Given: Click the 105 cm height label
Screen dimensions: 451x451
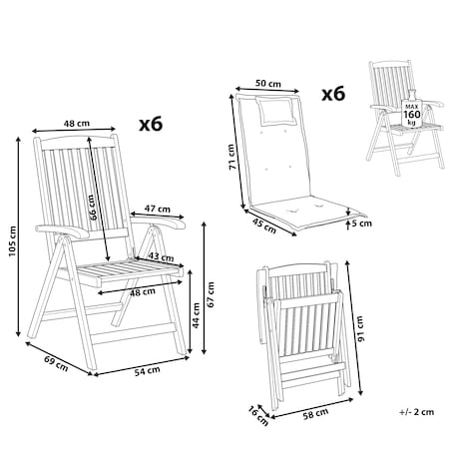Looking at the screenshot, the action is tap(12, 241).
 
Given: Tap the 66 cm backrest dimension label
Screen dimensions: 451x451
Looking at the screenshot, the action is tap(93, 208).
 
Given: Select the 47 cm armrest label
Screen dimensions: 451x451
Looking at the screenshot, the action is tap(158, 209).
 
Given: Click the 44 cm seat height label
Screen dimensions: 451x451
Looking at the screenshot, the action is tap(197, 315).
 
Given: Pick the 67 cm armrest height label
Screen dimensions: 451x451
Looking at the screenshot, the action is tap(211, 294).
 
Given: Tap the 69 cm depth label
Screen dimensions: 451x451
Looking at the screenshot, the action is tap(56, 363).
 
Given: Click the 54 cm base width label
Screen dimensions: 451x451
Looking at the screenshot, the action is tap(147, 371).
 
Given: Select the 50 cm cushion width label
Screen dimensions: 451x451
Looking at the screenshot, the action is tap(268, 83).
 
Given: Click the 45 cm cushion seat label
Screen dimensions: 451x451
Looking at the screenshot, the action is tap(264, 225).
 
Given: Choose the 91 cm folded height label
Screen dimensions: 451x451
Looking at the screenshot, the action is tap(360, 328).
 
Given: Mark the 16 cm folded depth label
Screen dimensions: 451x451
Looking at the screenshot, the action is tap(258, 416).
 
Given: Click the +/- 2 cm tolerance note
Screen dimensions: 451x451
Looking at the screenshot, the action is tap(417, 412).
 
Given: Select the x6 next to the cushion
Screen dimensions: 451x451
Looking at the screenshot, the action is tap(333, 94).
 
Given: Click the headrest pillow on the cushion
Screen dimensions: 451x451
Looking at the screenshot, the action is tap(276, 111).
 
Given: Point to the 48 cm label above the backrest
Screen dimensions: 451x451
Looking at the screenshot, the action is tap(77, 123).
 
